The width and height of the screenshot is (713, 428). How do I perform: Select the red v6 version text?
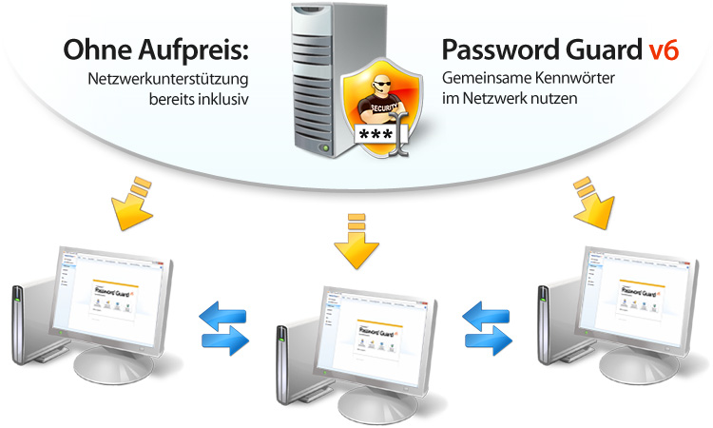(x=658, y=49)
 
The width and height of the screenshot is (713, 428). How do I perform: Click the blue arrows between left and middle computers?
(x=224, y=324)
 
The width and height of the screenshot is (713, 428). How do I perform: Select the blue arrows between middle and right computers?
(x=488, y=324)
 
